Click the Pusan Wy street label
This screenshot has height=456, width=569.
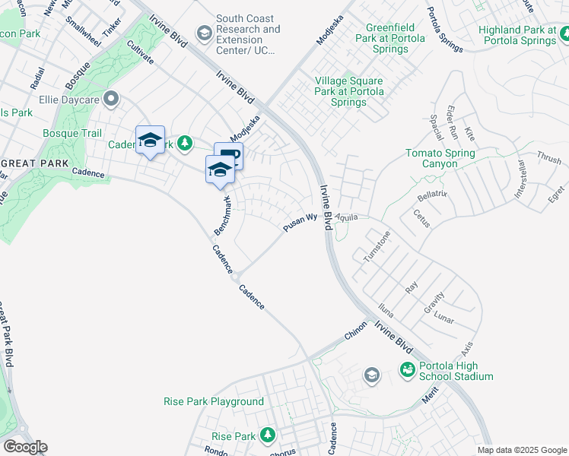tap(300, 222)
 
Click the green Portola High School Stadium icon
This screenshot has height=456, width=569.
tap(408, 370)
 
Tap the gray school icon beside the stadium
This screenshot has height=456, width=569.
tap(371, 374)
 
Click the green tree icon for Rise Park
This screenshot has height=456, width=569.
tap(267, 435)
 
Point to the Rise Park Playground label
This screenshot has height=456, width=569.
tap(214, 401)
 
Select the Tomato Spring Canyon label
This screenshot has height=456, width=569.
tap(440, 159)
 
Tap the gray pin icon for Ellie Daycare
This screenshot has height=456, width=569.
tap(112, 99)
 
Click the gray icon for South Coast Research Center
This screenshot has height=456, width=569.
tap(204, 33)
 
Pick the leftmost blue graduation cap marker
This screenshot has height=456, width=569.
tap(151, 140)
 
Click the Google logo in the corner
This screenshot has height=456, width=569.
tap(24, 447)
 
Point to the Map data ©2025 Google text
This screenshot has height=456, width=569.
tap(521, 450)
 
